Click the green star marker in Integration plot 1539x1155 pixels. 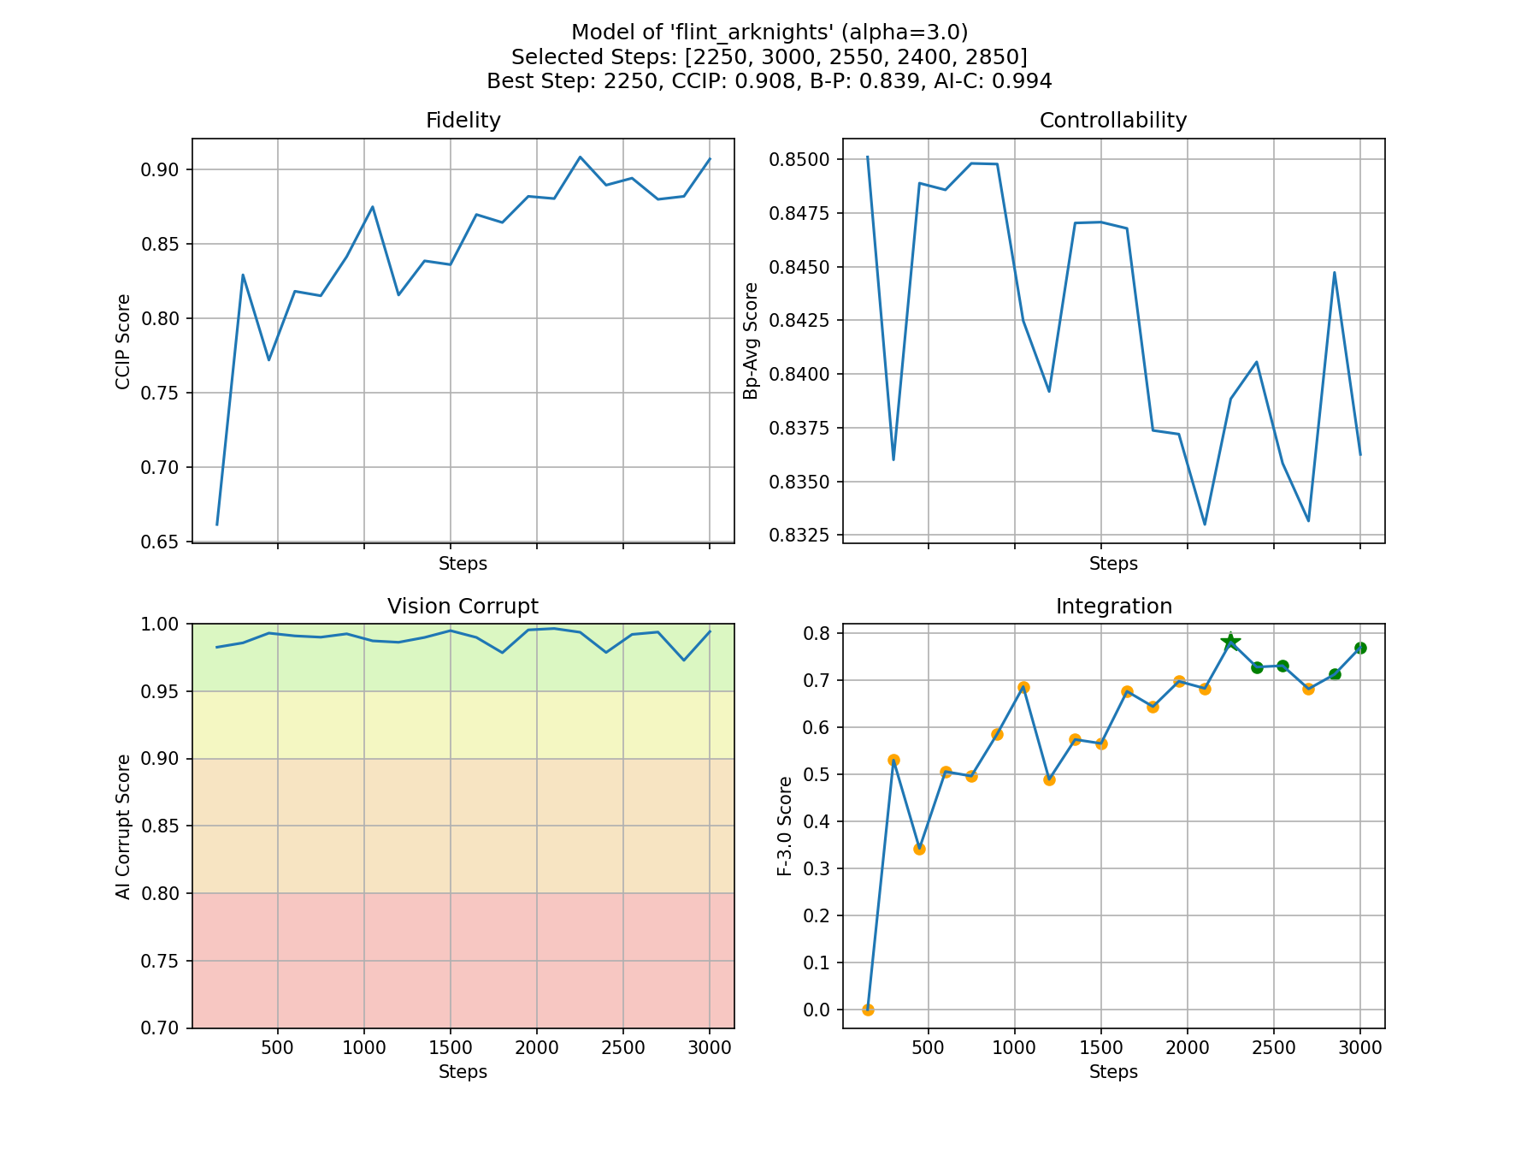pyautogui.click(x=1230, y=642)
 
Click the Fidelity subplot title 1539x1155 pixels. pyautogui.click(x=463, y=121)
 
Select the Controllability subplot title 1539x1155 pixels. pyautogui.click(x=1112, y=121)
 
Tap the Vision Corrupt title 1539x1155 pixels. pyautogui.click(x=463, y=607)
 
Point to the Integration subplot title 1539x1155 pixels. pyautogui.click(x=1113, y=607)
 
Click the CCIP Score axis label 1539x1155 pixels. pyautogui.click(x=123, y=341)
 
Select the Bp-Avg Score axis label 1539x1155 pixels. pyautogui.click(x=751, y=341)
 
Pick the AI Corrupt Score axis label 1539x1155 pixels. pyautogui.click(x=123, y=826)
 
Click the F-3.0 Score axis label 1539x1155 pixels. pyautogui.click(x=784, y=826)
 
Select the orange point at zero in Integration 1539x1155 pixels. pyautogui.click(x=868, y=1010)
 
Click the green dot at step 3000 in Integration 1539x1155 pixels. pyautogui.click(x=1360, y=648)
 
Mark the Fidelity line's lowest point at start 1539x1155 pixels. pyautogui.click(x=217, y=524)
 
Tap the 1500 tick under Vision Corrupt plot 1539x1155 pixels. pyautogui.click(x=450, y=1049)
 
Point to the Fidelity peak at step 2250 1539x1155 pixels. pyautogui.click(x=580, y=157)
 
